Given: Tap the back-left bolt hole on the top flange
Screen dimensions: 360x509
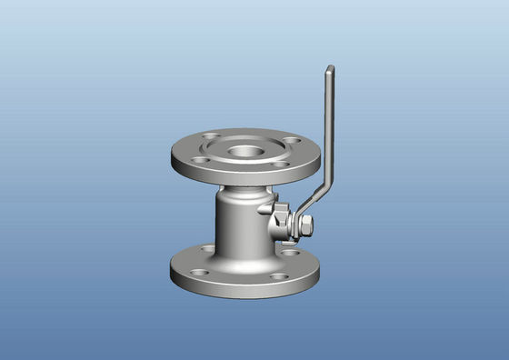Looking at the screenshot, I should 211,139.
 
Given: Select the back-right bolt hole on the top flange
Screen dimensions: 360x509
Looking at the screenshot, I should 290,141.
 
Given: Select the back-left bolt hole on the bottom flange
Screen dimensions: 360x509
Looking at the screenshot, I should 208,249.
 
